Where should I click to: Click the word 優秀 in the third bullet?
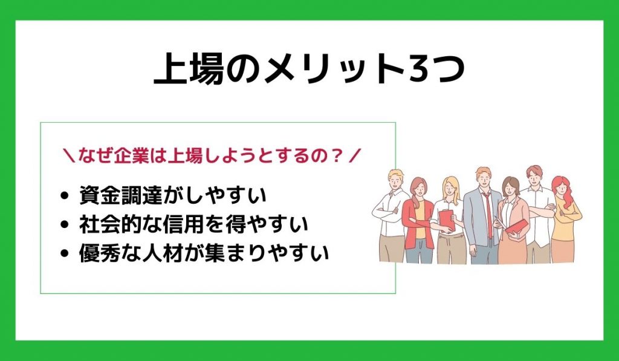99,252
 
